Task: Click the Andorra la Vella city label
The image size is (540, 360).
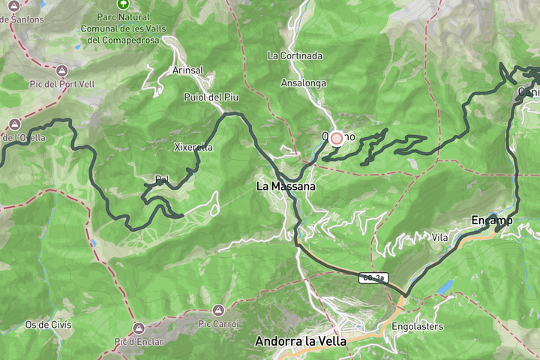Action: coord(301,340)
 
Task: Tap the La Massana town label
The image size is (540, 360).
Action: coord(286,184)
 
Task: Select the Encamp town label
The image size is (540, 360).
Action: coord(491,220)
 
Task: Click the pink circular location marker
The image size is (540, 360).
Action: coord(337,138)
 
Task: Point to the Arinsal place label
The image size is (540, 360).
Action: coord(188,70)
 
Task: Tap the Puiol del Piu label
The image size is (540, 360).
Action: coord(211,97)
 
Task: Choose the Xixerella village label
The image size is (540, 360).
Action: coord(193,147)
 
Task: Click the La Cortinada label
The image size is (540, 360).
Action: coord(295,55)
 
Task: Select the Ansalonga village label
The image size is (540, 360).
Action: coord(304,83)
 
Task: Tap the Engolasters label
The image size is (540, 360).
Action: coord(418,326)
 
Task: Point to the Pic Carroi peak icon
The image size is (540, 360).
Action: coord(217,310)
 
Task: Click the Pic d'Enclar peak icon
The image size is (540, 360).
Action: coord(139,328)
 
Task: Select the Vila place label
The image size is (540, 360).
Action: coord(440,237)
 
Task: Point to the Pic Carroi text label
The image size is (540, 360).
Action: coord(217,324)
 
